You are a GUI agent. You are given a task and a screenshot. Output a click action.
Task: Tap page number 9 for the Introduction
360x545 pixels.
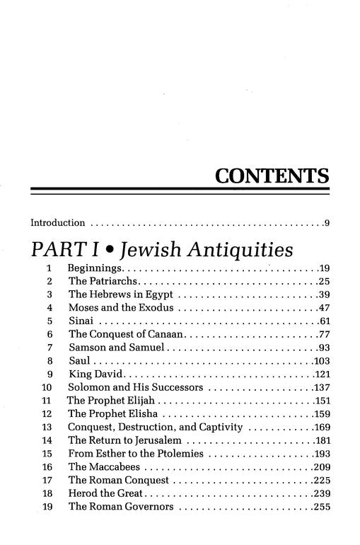[x=327, y=224]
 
